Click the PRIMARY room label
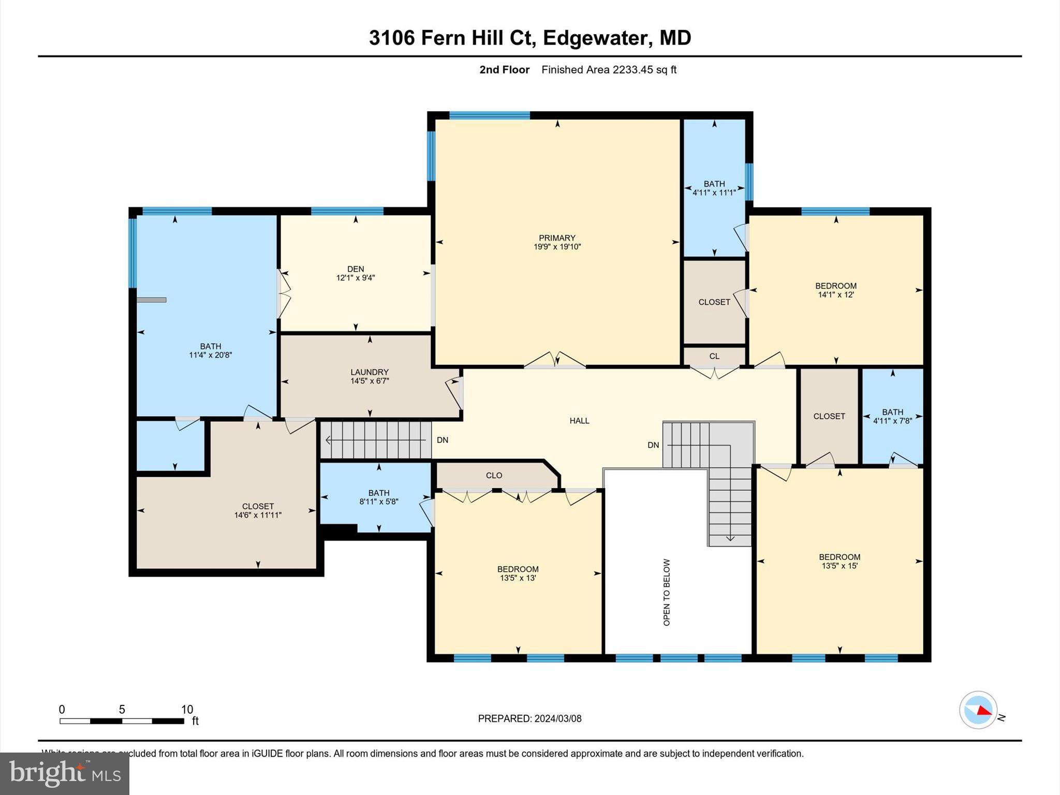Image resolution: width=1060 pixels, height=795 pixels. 557,238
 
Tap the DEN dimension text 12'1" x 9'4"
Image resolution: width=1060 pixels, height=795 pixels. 355,278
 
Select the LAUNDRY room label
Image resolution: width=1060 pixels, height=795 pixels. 369,372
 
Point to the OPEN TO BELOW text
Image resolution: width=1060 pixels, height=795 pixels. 667,592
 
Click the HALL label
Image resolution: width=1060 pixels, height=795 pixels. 579,421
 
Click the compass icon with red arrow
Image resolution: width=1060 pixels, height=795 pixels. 978,710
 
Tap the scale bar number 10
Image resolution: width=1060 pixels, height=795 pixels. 187,710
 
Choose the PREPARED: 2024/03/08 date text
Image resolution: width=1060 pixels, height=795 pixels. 529,718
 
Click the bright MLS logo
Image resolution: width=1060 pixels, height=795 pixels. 65,773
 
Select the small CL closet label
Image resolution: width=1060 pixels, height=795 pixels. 714,356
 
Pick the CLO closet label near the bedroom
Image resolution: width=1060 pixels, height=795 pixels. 494,475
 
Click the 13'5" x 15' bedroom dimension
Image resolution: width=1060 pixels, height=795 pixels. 840,566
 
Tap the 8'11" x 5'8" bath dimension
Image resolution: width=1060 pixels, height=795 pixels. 378,502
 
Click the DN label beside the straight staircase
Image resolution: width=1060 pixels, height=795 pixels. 442,440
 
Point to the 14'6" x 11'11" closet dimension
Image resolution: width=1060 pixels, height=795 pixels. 258,515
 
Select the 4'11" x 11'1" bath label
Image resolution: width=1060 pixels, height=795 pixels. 714,193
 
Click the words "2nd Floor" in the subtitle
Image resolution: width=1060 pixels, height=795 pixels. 504,70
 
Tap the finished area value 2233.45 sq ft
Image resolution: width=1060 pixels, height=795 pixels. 644,70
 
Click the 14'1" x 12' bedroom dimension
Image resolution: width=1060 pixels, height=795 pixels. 835,295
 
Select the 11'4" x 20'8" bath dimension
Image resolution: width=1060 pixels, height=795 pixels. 210,355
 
